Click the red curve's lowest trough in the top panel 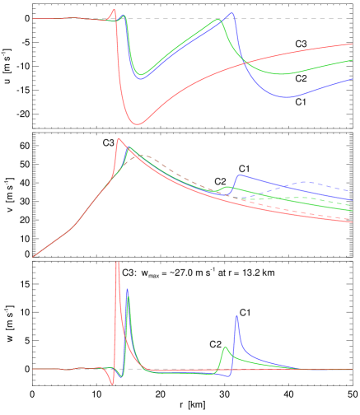pyautogui.click(x=137, y=124)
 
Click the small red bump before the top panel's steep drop pyautogui.click(x=114, y=11)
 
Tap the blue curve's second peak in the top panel pyautogui.click(x=232, y=13)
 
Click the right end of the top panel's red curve pyautogui.click(x=353, y=44)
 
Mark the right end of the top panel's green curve pyautogui.click(x=353, y=60)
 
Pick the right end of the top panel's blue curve pyautogui.click(x=353, y=79)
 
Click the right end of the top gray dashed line pyautogui.click(x=353, y=18)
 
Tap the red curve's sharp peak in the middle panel pyautogui.click(x=119, y=139)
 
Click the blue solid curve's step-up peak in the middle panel pyautogui.click(x=239, y=175)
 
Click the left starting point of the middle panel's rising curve pyautogui.click(x=33, y=257)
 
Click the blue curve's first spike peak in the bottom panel pyautogui.click(x=127, y=290)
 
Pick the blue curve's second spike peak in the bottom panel pyautogui.click(x=236, y=315)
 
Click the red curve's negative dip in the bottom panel pyautogui.click(x=114, y=384)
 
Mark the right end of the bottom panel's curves pyautogui.click(x=353, y=369)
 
